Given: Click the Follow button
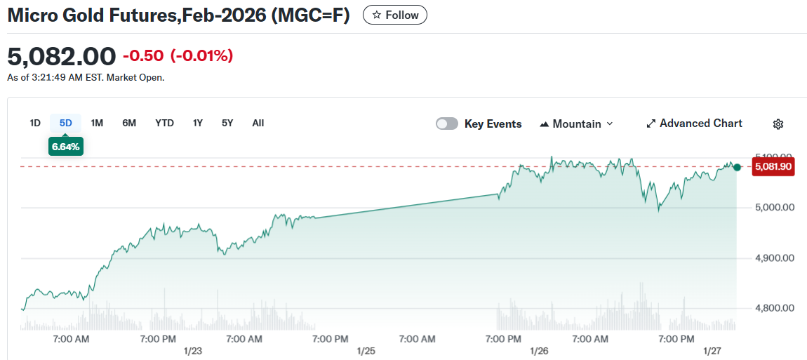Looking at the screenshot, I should (x=394, y=15).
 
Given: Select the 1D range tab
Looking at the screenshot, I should (x=35, y=123).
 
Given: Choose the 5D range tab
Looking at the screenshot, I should (x=66, y=123).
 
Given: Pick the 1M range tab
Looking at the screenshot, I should (x=97, y=123).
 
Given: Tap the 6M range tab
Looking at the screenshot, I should (x=129, y=123).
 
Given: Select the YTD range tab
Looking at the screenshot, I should (x=164, y=123).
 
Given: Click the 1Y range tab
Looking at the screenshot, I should (x=198, y=123).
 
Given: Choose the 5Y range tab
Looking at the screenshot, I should (x=227, y=123).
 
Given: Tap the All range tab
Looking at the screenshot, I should (x=258, y=123).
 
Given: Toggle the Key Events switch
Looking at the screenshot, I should (x=447, y=124).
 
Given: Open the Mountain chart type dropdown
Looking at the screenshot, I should (x=576, y=124).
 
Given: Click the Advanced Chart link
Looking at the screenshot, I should (x=694, y=124).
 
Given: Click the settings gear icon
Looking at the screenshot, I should (x=778, y=124).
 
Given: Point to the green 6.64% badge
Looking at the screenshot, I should (x=66, y=146).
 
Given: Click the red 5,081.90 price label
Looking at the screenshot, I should (x=773, y=167).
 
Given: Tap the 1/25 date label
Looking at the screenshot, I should (x=366, y=350).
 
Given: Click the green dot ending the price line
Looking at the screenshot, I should (x=737, y=167).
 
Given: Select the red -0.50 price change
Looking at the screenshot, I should (x=144, y=55).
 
